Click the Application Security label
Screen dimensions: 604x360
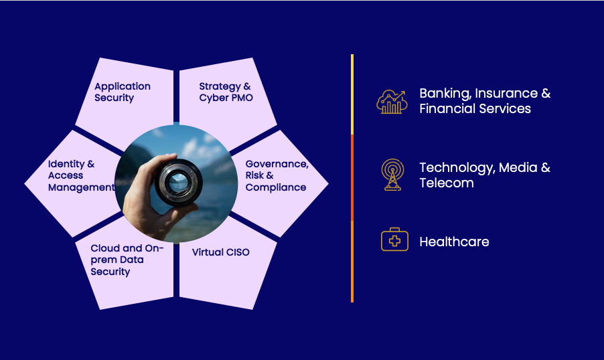point(123,92)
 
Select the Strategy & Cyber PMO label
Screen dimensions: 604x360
point(226,92)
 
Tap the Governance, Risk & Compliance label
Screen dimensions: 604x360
point(277,175)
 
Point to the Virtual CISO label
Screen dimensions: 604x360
point(221,252)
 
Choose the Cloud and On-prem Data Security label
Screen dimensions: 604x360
point(127,260)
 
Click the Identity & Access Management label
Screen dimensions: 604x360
point(81,175)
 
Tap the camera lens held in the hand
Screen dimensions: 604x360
point(178,182)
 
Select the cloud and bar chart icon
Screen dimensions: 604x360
point(392,102)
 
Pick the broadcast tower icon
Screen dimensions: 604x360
point(392,175)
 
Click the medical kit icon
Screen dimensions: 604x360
point(394,240)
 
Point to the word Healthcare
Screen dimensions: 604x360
point(454,242)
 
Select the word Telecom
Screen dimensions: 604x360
point(447,183)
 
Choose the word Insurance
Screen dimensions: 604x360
point(506,93)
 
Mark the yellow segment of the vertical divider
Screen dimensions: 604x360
point(352,94)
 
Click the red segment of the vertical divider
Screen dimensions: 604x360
point(352,177)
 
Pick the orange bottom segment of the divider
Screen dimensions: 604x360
point(352,262)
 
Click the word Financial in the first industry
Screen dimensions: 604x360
point(444,108)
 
